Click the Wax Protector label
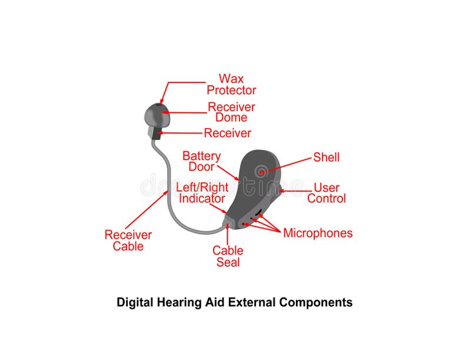(x=231, y=84)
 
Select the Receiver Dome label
(x=231, y=112)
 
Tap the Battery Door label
(x=201, y=161)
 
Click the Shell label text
(x=326, y=157)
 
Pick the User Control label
(x=326, y=193)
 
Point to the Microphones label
(x=318, y=233)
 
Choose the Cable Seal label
(x=228, y=256)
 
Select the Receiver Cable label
(x=128, y=240)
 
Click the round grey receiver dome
(x=157, y=115)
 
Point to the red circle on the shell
(x=261, y=171)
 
